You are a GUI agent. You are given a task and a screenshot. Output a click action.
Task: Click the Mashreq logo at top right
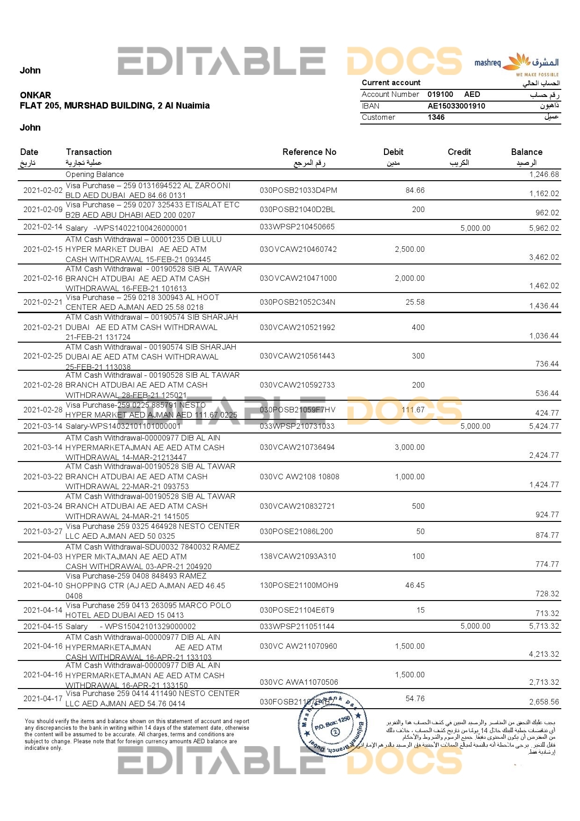(516, 64)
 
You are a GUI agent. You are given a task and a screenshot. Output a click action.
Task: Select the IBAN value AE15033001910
(456, 106)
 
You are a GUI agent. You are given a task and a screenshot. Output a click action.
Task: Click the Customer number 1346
(436, 117)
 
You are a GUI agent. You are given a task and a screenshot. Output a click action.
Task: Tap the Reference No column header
(309, 152)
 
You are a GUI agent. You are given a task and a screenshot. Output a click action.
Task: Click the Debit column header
(393, 152)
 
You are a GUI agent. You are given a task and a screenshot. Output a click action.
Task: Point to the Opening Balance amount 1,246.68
(544, 175)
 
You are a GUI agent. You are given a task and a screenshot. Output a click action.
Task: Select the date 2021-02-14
(43, 227)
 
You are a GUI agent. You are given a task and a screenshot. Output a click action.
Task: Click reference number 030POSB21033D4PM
(298, 191)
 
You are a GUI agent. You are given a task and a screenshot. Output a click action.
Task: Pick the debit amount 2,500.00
(410, 249)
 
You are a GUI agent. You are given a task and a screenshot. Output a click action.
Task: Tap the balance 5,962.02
(544, 228)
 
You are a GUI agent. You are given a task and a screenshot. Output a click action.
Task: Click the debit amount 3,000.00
(410, 447)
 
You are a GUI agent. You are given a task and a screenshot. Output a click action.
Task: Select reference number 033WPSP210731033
(297, 426)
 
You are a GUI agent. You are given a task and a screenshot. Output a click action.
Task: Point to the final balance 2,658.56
(544, 702)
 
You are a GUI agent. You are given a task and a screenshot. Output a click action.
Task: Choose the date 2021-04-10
(43, 585)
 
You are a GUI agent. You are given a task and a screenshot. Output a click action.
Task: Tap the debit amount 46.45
(415, 585)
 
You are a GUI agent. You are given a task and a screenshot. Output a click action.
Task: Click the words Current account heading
(391, 83)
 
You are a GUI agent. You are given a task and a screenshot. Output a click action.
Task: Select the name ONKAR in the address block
(36, 95)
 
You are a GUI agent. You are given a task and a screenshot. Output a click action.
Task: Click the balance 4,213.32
(544, 654)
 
